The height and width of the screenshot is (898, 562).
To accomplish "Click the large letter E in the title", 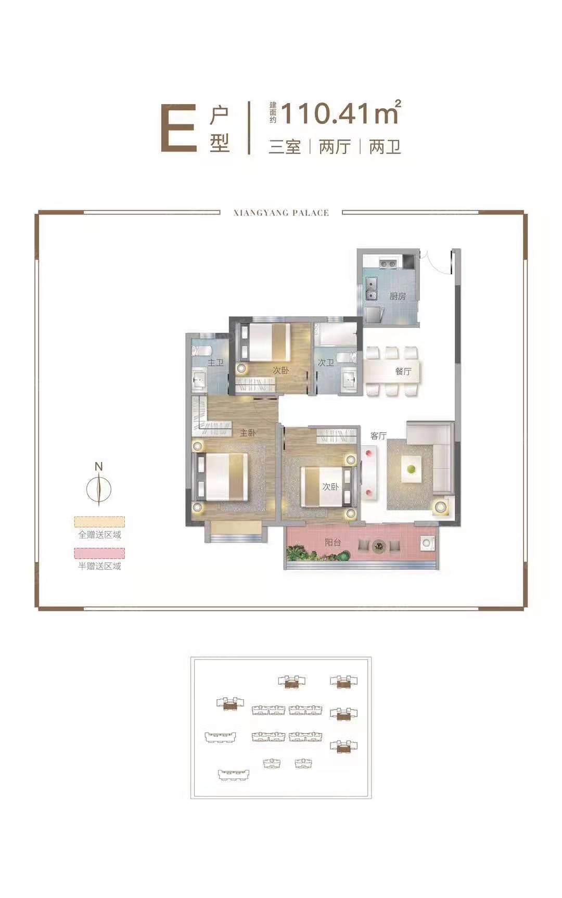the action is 179,128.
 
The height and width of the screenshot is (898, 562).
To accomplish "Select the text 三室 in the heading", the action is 285,147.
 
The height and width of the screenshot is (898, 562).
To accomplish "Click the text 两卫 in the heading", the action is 385,147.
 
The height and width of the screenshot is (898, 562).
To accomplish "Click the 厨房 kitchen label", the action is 398,296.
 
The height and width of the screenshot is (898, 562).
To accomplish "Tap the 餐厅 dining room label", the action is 403,371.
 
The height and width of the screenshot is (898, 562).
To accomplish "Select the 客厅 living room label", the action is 378,435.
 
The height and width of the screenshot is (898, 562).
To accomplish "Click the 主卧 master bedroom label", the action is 248,432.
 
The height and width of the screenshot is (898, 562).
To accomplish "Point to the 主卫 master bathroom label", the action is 215,362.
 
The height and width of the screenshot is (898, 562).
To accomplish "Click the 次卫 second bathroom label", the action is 326,362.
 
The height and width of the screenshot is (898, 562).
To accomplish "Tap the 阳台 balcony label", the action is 333,542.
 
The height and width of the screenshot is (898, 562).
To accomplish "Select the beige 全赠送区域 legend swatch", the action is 99,522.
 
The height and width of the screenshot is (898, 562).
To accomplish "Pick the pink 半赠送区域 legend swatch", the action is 99,553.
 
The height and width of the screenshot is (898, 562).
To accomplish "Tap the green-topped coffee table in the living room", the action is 411,468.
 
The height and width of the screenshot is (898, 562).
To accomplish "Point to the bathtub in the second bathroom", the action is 336,335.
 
